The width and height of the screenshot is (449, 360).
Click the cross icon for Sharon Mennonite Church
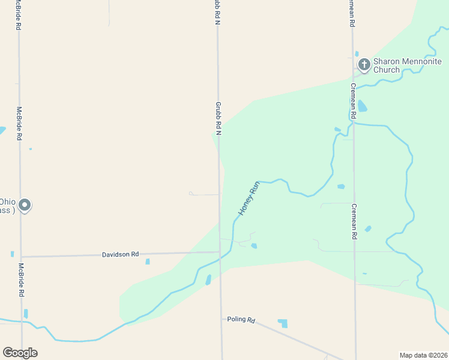pos(364,64)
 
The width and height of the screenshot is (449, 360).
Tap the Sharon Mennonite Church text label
pos(407,65)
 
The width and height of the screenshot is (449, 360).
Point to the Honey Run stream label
pos(249,199)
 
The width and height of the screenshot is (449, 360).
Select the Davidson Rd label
pos(120,254)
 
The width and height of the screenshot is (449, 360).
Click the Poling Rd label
pos(241,320)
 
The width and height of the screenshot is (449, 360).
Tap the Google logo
pos(20,353)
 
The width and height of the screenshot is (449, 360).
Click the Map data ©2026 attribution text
pos(423,355)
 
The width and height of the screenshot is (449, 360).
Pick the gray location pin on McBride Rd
pos(25,205)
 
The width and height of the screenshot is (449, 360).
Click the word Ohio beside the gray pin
pos(7,202)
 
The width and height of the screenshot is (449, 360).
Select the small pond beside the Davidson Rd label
pos(147,262)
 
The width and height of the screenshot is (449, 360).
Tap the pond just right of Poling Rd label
pos(283,323)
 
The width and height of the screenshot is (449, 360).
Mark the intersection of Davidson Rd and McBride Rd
pos(21,257)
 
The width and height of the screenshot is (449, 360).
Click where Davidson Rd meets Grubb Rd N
pos(219,252)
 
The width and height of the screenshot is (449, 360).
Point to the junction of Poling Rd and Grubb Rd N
pos(221,318)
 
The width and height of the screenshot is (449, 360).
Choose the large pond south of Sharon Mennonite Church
pos(362,106)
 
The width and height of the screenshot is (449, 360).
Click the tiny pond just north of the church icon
pos(357,54)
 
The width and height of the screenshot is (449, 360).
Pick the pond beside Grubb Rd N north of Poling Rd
pos(208,280)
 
